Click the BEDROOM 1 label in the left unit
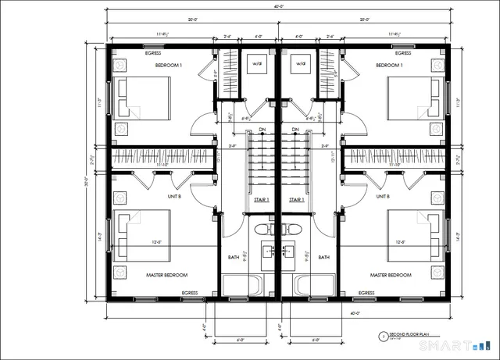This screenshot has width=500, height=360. coord(168,66)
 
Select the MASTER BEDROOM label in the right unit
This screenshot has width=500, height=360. coord(391,275)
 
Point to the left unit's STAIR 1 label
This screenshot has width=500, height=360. coord(262,200)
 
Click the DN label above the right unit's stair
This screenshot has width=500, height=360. coord(295,130)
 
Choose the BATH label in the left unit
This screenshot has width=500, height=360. coord(234,256)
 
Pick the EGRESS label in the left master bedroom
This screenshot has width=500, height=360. coord(190,292)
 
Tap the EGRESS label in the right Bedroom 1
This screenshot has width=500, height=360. coord(402,53)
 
